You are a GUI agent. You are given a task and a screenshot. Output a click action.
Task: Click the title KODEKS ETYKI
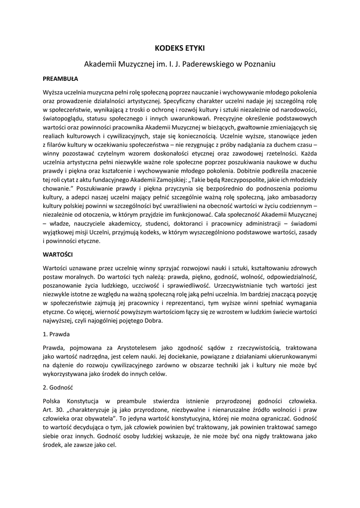click(x=180, y=48)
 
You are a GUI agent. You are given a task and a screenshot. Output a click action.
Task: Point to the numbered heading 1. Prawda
click(x=56, y=334)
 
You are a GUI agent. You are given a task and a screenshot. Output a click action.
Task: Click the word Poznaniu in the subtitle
click(x=258, y=64)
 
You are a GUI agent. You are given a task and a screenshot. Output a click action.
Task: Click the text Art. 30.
click(x=52, y=409)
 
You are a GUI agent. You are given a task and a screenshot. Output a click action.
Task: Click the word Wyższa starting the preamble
click(x=56, y=92)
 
